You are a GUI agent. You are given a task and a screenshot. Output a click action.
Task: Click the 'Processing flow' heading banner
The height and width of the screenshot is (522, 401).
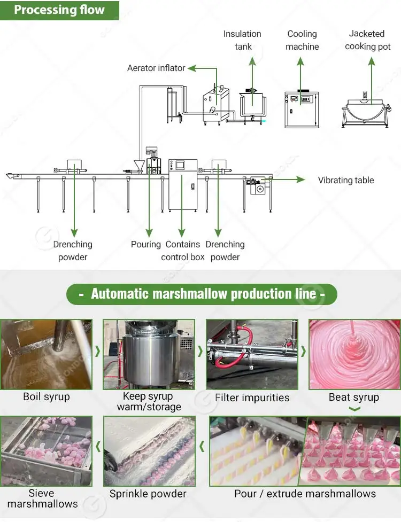click(x=59, y=10)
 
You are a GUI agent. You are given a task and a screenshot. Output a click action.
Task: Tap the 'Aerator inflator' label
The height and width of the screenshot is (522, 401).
click(x=156, y=68)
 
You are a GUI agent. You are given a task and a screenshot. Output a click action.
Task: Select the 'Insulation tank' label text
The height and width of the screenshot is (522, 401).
click(x=242, y=40)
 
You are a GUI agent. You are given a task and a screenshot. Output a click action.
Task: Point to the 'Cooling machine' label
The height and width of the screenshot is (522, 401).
click(x=302, y=40)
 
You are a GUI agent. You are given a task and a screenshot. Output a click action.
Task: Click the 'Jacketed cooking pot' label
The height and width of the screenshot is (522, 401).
click(x=367, y=40)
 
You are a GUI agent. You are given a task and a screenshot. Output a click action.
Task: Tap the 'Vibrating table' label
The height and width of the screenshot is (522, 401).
click(x=346, y=180)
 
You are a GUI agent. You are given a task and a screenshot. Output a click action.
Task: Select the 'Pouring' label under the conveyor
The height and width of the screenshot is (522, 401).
click(x=145, y=244)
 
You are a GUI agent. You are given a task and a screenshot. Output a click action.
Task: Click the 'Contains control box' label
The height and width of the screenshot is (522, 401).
click(x=183, y=251)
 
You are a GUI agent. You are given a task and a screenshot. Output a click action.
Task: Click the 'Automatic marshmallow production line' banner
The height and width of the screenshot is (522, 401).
click(x=202, y=294)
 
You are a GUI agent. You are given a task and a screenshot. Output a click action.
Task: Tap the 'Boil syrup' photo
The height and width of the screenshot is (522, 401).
click(x=47, y=354)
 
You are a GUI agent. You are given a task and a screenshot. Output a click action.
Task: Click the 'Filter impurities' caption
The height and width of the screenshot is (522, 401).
click(x=252, y=398)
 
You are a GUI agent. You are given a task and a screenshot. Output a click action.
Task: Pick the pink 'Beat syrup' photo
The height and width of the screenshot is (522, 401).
click(x=354, y=354)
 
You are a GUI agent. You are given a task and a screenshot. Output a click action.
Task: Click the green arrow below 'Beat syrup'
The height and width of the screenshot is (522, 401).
click(x=354, y=409)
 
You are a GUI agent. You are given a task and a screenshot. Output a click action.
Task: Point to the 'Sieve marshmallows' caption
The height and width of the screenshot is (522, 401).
click(x=43, y=498)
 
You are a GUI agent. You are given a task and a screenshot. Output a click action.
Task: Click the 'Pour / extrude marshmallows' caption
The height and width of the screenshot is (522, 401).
click(x=305, y=493)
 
